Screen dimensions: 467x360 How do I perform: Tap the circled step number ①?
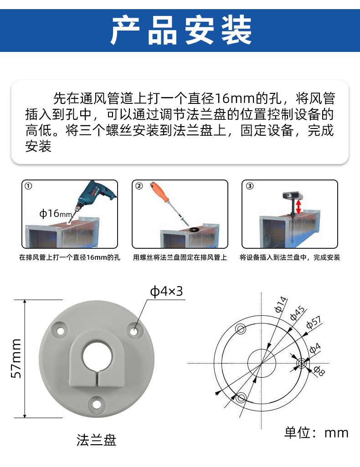pos(28,186)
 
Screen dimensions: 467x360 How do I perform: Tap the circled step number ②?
pos(139,186)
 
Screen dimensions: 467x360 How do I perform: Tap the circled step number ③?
pos(249,186)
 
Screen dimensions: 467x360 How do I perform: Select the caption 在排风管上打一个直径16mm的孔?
pos(69,257)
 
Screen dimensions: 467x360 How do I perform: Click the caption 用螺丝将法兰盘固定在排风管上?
pos(180,257)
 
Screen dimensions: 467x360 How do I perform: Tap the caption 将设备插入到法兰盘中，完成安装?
pos(290,257)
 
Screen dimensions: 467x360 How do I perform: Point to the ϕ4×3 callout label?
pos(166,291)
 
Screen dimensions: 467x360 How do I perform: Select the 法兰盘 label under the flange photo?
pos(96,440)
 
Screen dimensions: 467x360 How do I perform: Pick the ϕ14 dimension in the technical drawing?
pos(281,304)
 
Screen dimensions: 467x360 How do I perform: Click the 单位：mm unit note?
pos(316,432)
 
